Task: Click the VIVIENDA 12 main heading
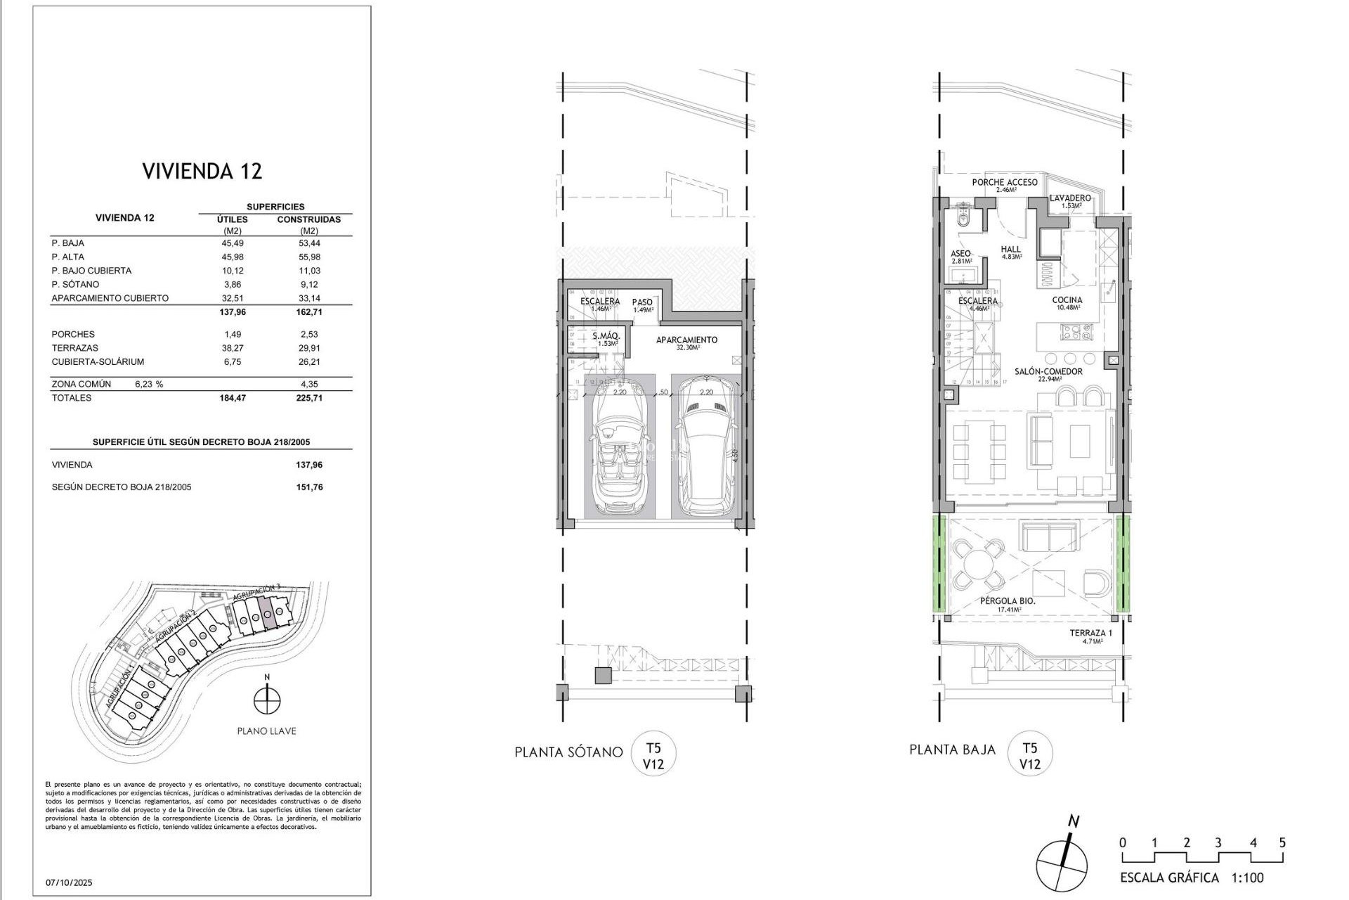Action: point(202,172)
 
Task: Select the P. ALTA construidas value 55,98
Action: point(308,257)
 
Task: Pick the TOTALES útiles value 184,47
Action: point(233,398)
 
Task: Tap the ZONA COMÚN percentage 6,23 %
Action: point(149,385)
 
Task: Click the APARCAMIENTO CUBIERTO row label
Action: point(110,298)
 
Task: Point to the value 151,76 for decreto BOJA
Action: point(309,487)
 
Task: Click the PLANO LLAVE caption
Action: point(266,731)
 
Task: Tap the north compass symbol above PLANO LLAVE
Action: point(267,700)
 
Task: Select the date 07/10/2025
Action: point(69,882)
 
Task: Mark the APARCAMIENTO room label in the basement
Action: point(686,340)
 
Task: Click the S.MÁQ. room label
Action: point(605,337)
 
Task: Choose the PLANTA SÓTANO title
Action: point(568,752)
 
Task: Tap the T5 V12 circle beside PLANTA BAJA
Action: point(1029,756)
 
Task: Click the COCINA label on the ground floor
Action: point(1067,300)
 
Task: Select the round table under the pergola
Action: point(977,564)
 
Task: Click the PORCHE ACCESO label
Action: point(1004,183)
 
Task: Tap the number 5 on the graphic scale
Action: point(1282,843)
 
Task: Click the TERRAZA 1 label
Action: point(1090,633)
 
